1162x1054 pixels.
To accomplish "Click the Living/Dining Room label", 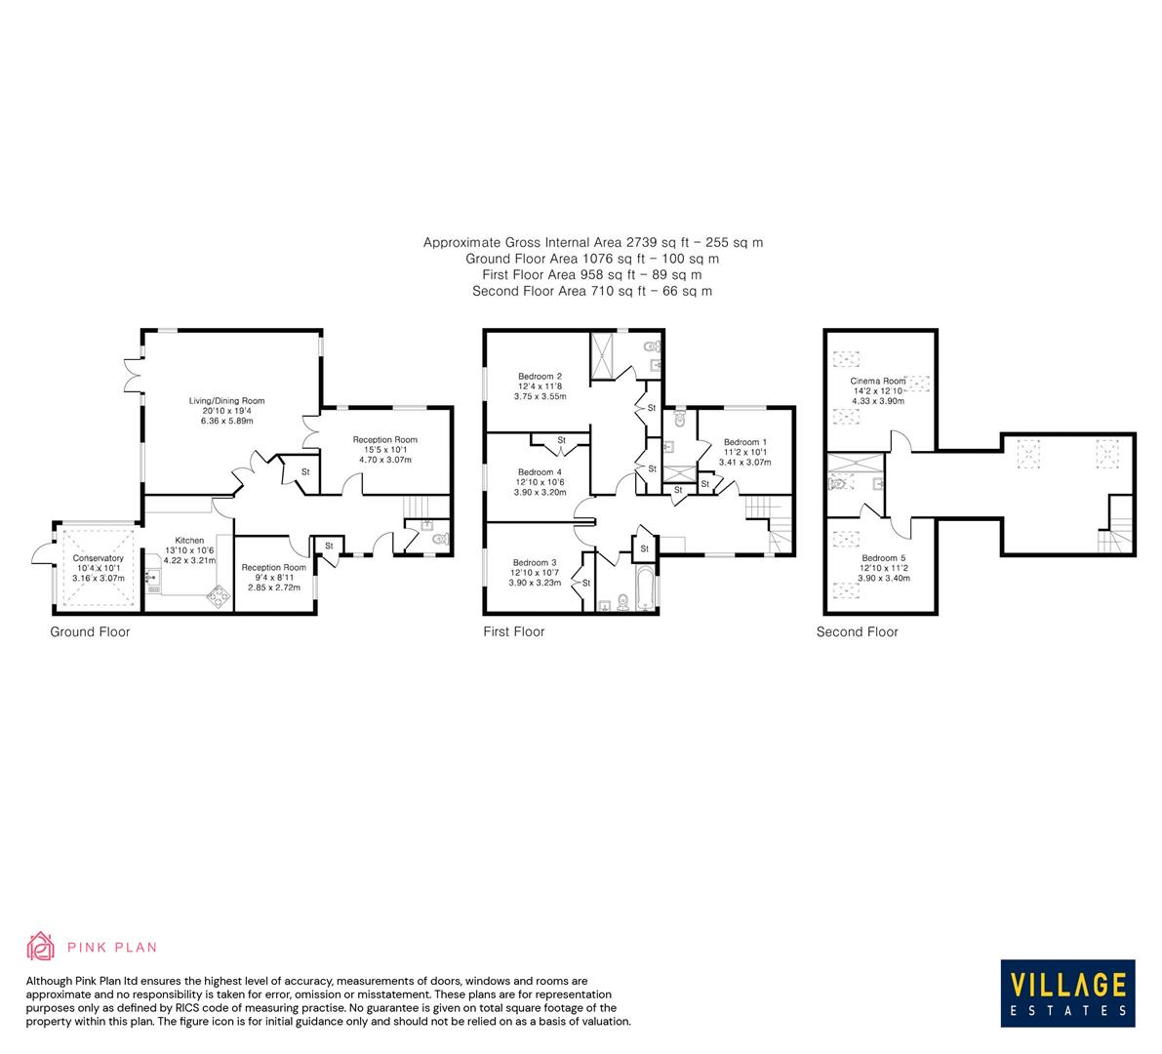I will (x=226, y=400).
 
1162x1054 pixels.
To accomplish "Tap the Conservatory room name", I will (x=98, y=558).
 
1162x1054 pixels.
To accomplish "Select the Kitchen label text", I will (x=189, y=540).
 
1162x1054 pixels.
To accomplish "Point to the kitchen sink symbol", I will (x=152, y=578).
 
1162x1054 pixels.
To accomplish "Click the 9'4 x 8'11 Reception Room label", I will (x=273, y=567).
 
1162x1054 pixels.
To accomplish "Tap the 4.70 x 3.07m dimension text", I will (x=384, y=460).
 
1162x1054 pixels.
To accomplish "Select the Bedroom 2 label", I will (x=540, y=376).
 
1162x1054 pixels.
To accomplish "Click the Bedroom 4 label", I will (x=540, y=472).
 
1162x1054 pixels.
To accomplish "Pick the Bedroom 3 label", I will (x=534, y=562).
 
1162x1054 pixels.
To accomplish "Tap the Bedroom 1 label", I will (x=744, y=442).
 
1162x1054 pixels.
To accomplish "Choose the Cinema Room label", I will (x=877, y=381).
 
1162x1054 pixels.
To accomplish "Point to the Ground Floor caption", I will (x=90, y=631).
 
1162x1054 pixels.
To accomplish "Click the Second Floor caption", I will (x=857, y=631).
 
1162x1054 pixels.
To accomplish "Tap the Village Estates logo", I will (x=1068, y=993).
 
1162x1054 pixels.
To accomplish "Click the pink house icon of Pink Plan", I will (x=41, y=946).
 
